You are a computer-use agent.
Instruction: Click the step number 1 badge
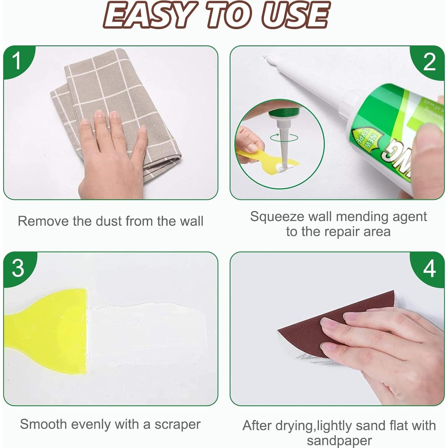(x=17, y=60)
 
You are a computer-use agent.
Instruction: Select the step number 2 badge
(x=429, y=62)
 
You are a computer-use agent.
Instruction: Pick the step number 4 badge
(x=429, y=268)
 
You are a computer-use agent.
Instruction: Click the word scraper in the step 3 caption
(x=177, y=424)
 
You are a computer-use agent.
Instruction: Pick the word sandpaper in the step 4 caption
(x=339, y=440)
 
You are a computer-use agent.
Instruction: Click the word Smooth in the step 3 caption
(x=44, y=424)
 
